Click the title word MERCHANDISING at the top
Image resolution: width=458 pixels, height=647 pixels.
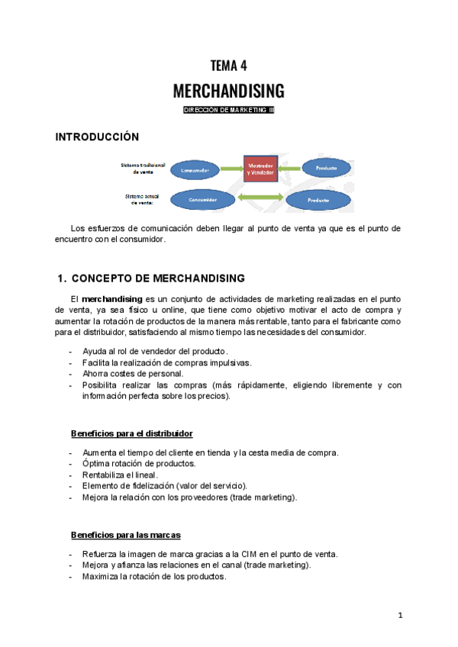(x=229, y=92)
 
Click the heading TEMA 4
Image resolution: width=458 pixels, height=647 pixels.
(x=229, y=66)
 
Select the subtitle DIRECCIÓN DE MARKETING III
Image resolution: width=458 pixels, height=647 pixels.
(x=229, y=111)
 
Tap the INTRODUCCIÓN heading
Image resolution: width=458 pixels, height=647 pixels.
(x=97, y=137)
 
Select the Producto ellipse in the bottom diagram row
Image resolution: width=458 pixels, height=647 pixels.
(x=318, y=200)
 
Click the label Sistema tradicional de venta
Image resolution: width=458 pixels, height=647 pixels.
(x=143, y=169)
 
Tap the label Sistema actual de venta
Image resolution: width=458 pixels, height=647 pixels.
(x=143, y=199)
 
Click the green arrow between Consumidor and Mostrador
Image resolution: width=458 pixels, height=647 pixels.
(x=231, y=169)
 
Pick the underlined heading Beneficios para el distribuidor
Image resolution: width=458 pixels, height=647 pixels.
(x=131, y=433)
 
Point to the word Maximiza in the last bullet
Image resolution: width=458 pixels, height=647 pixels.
(x=102, y=577)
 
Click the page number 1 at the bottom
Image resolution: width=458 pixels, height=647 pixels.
(x=399, y=615)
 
